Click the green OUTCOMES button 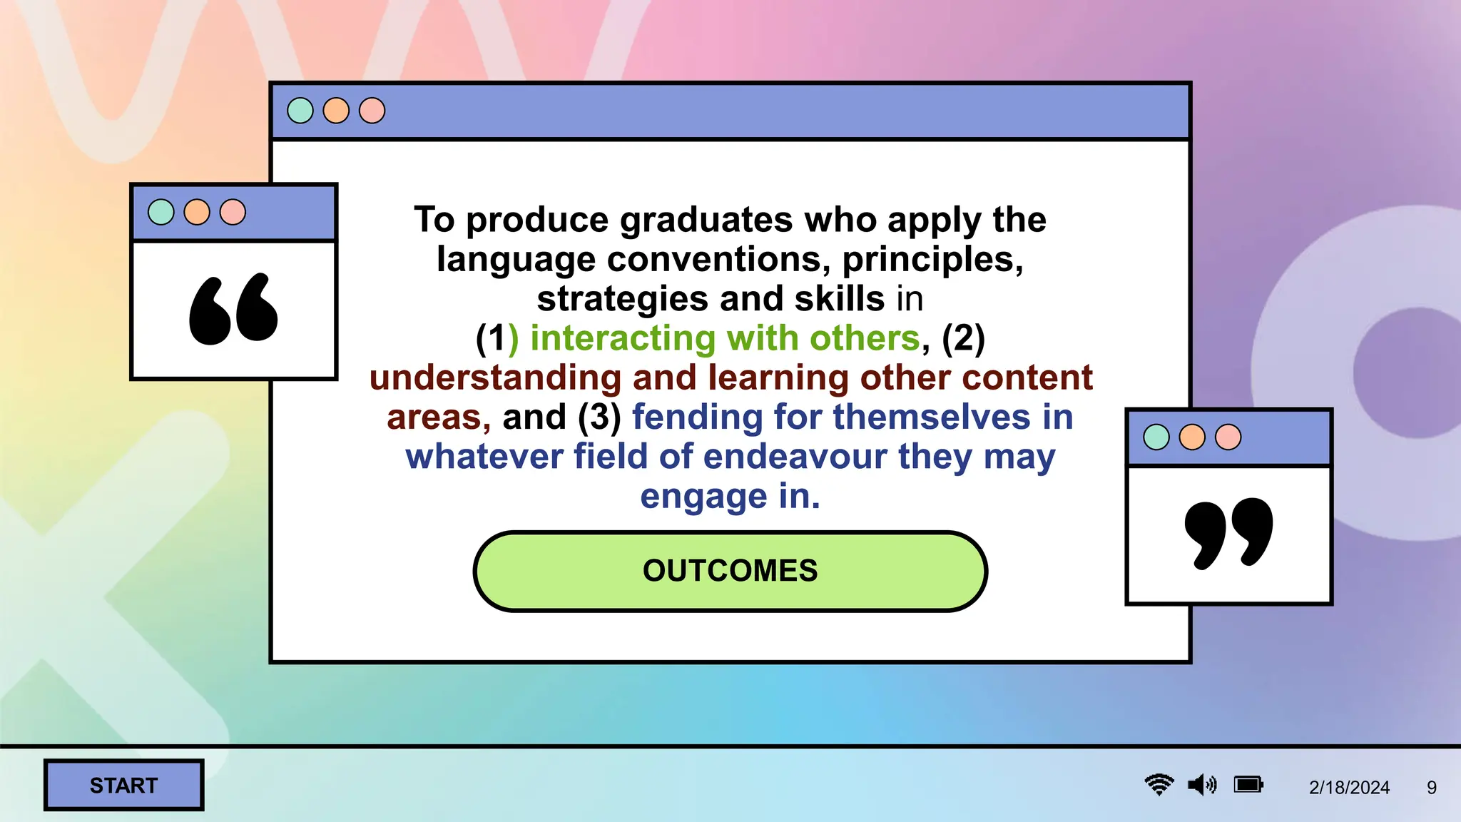[730, 571]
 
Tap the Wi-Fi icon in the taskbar [1159, 785]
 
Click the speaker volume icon [1202, 785]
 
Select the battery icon [1248, 785]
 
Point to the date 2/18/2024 [1349, 787]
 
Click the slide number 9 [1431, 787]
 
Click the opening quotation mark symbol [233, 309]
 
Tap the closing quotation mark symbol [1228, 534]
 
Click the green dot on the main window [300, 111]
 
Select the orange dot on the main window [336, 111]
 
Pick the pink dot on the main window [372, 111]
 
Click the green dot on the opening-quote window [161, 212]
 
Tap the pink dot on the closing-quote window [1228, 437]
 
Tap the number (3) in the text [599, 417]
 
